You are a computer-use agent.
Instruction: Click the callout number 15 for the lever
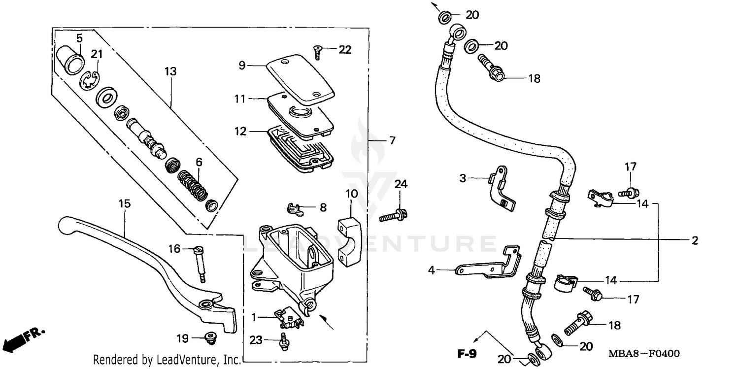tap(125, 203)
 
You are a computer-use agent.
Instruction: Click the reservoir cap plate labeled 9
tap(301, 76)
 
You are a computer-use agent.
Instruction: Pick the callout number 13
tap(170, 72)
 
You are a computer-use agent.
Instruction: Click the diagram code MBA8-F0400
tap(644, 353)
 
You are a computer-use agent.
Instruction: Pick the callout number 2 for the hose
tap(694, 241)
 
